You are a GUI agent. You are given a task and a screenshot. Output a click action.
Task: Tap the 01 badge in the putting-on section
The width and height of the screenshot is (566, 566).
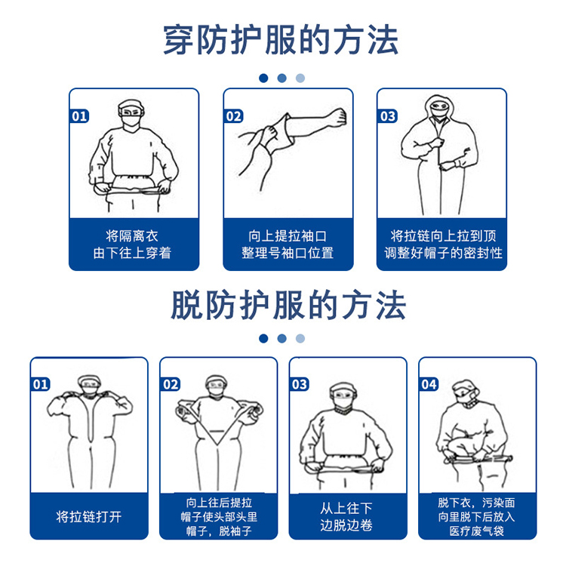[x=79, y=116]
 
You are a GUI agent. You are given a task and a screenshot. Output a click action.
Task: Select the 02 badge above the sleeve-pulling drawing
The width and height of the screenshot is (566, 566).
[x=234, y=116]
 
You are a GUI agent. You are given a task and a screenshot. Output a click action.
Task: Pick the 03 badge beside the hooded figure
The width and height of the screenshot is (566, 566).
[x=388, y=116]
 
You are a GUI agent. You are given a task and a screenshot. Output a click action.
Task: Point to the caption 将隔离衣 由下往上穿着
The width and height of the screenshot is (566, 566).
[x=133, y=245]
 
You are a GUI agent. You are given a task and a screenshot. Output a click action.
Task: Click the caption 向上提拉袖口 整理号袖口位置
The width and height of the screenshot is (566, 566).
[x=288, y=245]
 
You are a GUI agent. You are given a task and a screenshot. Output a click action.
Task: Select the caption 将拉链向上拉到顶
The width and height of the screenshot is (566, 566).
[x=442, y=235]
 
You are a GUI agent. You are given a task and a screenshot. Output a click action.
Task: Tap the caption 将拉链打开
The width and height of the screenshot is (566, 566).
[x=89, y=517]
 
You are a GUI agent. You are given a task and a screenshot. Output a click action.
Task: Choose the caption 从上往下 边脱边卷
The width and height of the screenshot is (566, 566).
[x=346, y=517]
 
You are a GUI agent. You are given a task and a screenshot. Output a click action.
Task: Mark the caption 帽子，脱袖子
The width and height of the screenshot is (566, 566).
[x=219, y=531]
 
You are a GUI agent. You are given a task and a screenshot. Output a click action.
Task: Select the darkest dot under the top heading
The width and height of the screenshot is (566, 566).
[x=263, y=78]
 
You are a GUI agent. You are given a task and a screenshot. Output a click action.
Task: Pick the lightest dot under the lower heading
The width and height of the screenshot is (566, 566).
[x=300, y=338]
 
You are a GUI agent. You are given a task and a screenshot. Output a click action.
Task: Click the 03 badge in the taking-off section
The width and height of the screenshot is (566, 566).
[x=300, y=384]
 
